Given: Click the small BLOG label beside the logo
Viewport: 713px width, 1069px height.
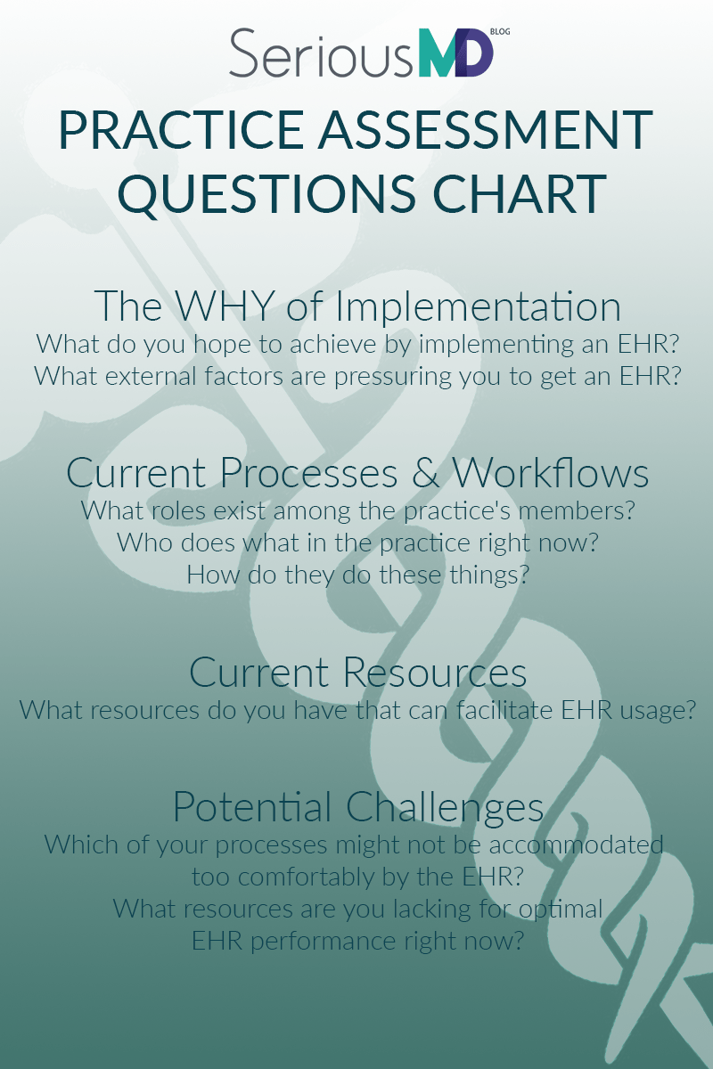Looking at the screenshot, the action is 500,32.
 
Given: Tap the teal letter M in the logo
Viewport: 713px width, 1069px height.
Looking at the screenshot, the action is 438,53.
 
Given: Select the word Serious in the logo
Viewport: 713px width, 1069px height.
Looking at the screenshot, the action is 321,53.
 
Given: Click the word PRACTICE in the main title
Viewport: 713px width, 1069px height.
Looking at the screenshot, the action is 182,130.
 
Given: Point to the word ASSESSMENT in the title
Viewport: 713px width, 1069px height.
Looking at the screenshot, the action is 486,130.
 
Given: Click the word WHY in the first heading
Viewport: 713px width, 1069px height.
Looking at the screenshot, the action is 225,306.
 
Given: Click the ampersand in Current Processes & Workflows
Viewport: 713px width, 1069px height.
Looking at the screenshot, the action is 425,472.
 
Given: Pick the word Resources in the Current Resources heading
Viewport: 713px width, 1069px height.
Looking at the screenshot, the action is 435,672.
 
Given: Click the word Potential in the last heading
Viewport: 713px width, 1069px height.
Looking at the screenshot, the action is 252,806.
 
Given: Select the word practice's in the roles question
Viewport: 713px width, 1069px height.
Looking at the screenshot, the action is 457,511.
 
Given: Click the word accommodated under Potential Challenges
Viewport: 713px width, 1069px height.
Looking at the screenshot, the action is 577,845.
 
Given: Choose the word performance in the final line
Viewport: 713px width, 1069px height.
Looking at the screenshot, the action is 324,942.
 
